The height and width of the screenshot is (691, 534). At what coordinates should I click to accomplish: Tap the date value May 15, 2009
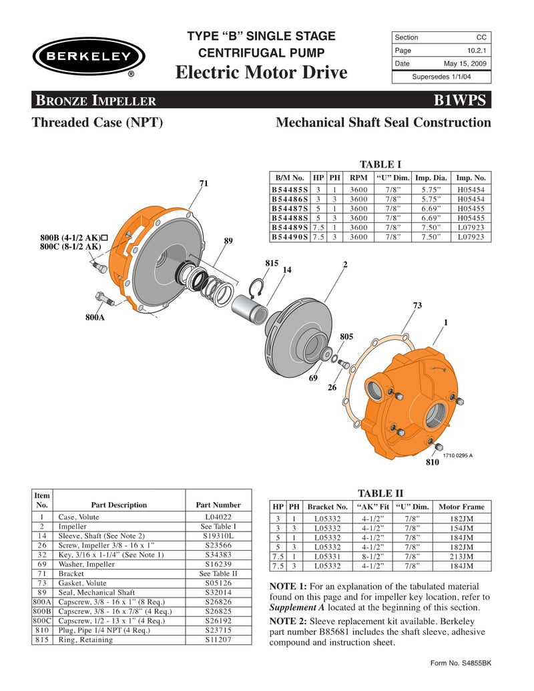tap(467, 63)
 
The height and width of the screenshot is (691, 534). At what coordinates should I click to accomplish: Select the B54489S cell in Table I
tap(289, 227)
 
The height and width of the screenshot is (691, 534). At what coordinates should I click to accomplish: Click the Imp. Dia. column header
tap(432, 178)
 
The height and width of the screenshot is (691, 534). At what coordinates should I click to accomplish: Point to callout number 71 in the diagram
tap(204, 183)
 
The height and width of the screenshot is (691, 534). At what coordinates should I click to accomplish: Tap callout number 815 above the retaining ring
tap(271, 264)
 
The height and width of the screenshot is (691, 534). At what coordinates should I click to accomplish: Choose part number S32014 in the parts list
tap(218, 592)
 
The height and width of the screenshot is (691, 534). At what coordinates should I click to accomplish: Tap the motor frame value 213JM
tap(462, 555)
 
